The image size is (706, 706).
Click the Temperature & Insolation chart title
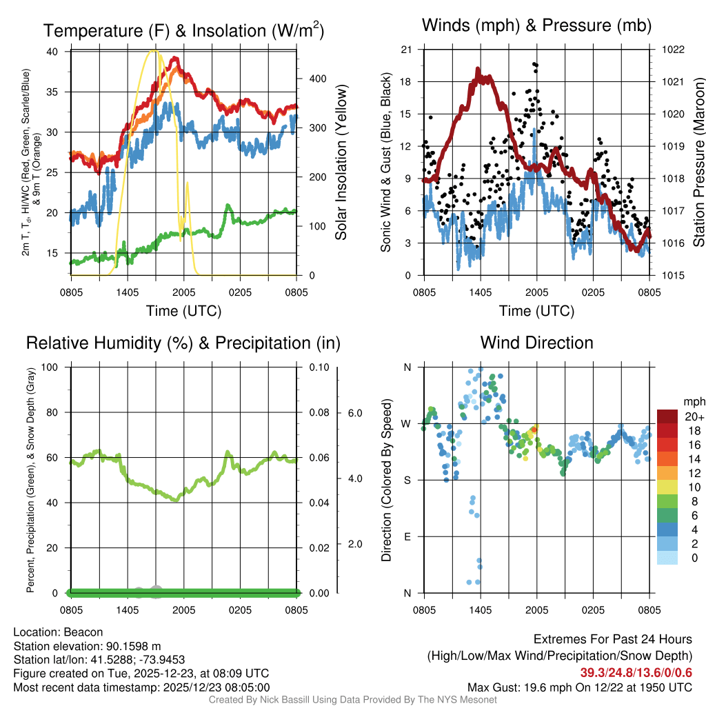pyautogui.click(x=183, y=31)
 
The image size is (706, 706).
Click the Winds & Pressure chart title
pyautogui.click(x=536, y=26)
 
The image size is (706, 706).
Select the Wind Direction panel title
pyautogui.click(x=536, y=343)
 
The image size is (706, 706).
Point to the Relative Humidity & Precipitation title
pyautogui.click(x=183, y=343)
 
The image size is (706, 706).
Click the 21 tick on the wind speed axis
pyautogui.click(x=407, y=50)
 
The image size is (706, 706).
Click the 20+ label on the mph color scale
pyautogui.click(x=692, y=416)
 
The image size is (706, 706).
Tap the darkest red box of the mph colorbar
pyautogui.click(x=668, y=416)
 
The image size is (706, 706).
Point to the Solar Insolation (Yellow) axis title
pyautogui.click(x=341, y=162)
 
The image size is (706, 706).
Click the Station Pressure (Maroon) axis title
pyautogui.click(x=698, y=162)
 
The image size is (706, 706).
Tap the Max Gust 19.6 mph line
pyautogui.click(x=579, y=687)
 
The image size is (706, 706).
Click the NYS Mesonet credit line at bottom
pyautogui.click(x=353, y=700)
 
